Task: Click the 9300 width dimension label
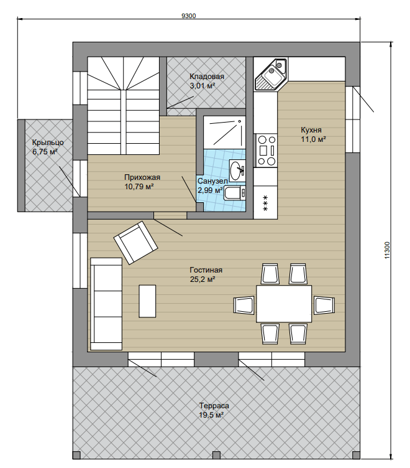pyautogui.click(x=189, y=16)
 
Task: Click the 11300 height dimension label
pyautogui.click(x=387, y=250)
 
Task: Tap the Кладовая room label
pyautogui.click(x=207, y=77)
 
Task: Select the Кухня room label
pyautogui.click(x=311, y=130)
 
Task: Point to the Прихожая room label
pyautogui.click(x=142, y=177)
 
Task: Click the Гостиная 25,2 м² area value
pyautogui.click(x=203, y=279)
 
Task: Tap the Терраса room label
pyautogui.click(x=214, y=406)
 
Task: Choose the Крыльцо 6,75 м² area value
pyautogui.click(x=45, y=152)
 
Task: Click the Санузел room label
pyautogui.click(x=212, y=181)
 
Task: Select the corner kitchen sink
pyautogui.click(x=271, y=74)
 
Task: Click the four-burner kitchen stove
pyautogui.click(x=266, y=151)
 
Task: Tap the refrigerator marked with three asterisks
pyautogui.click(x=265, y=202)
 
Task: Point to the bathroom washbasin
pyautogui.click(x=237, y=171)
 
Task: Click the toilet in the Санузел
pyautogui.click(x=235, y=193)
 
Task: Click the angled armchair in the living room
pyautogui.click(x=136, y=242)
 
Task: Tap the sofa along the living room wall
pyautogui.click(x=106, y=304)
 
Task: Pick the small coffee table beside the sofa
pyautogui.click(x=147, y=301)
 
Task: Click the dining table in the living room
pyautogui.click(x=284, y=304)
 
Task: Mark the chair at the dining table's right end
pyautogui.click(x=324, y=305)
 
